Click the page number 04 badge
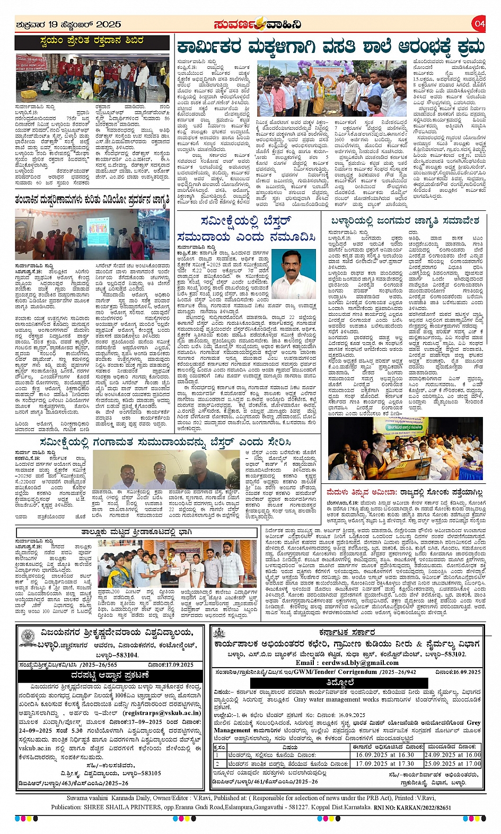(479, 23)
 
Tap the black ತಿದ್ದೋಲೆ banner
(341, 682)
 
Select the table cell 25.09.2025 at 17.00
(452, 764)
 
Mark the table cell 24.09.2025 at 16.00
(452, 755)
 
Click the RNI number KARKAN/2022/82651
(419, 808)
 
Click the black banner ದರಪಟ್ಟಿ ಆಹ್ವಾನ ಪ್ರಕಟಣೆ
(110, 676)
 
